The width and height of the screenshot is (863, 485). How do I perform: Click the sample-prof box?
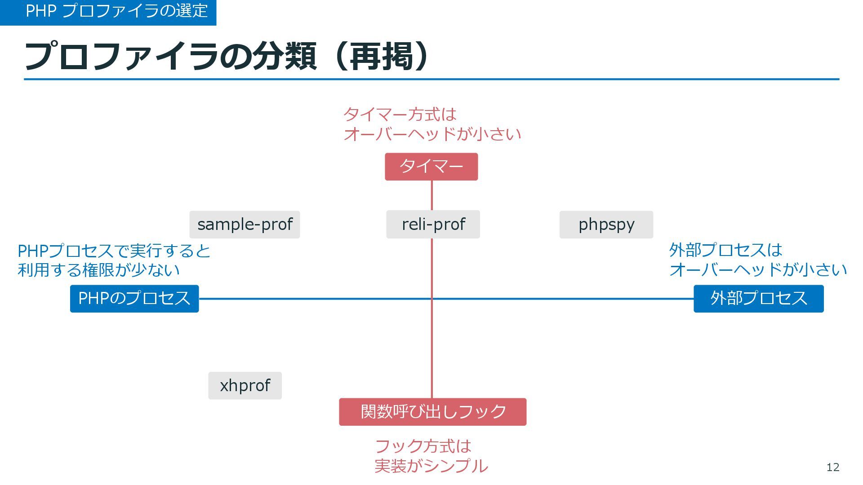coord(245,225)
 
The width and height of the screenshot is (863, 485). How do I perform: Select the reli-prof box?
coord(433,225)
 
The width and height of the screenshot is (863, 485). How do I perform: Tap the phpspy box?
coord(606,225)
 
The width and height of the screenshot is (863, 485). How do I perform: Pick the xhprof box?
coord(245,385)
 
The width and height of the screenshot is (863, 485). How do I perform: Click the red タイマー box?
coord(431,167)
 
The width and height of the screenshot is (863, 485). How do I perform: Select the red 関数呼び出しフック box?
coord(432,412)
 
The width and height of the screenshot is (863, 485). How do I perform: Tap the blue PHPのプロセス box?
coord(134,299)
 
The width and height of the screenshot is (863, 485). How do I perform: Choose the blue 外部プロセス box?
coord(758,299)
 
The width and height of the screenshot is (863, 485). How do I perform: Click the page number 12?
coord(832,467)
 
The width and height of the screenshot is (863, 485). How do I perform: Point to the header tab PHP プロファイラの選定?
coord(116,11)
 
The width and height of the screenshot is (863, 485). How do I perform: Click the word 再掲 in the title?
coord(382,57)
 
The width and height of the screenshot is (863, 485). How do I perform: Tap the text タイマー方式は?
coord(400,115)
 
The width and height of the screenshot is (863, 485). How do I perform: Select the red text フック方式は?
coord(423,446)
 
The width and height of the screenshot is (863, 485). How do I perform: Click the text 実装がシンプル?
coord(431,466)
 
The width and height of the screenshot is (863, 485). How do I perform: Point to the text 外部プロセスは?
coord(725,250)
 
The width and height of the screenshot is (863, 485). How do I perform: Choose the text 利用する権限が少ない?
coord(98,270)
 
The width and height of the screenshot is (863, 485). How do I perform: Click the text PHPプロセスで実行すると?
coord(114,251)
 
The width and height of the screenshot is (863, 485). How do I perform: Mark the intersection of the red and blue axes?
coord(432,299)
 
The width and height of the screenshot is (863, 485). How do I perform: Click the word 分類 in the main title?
coord(284,57)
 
